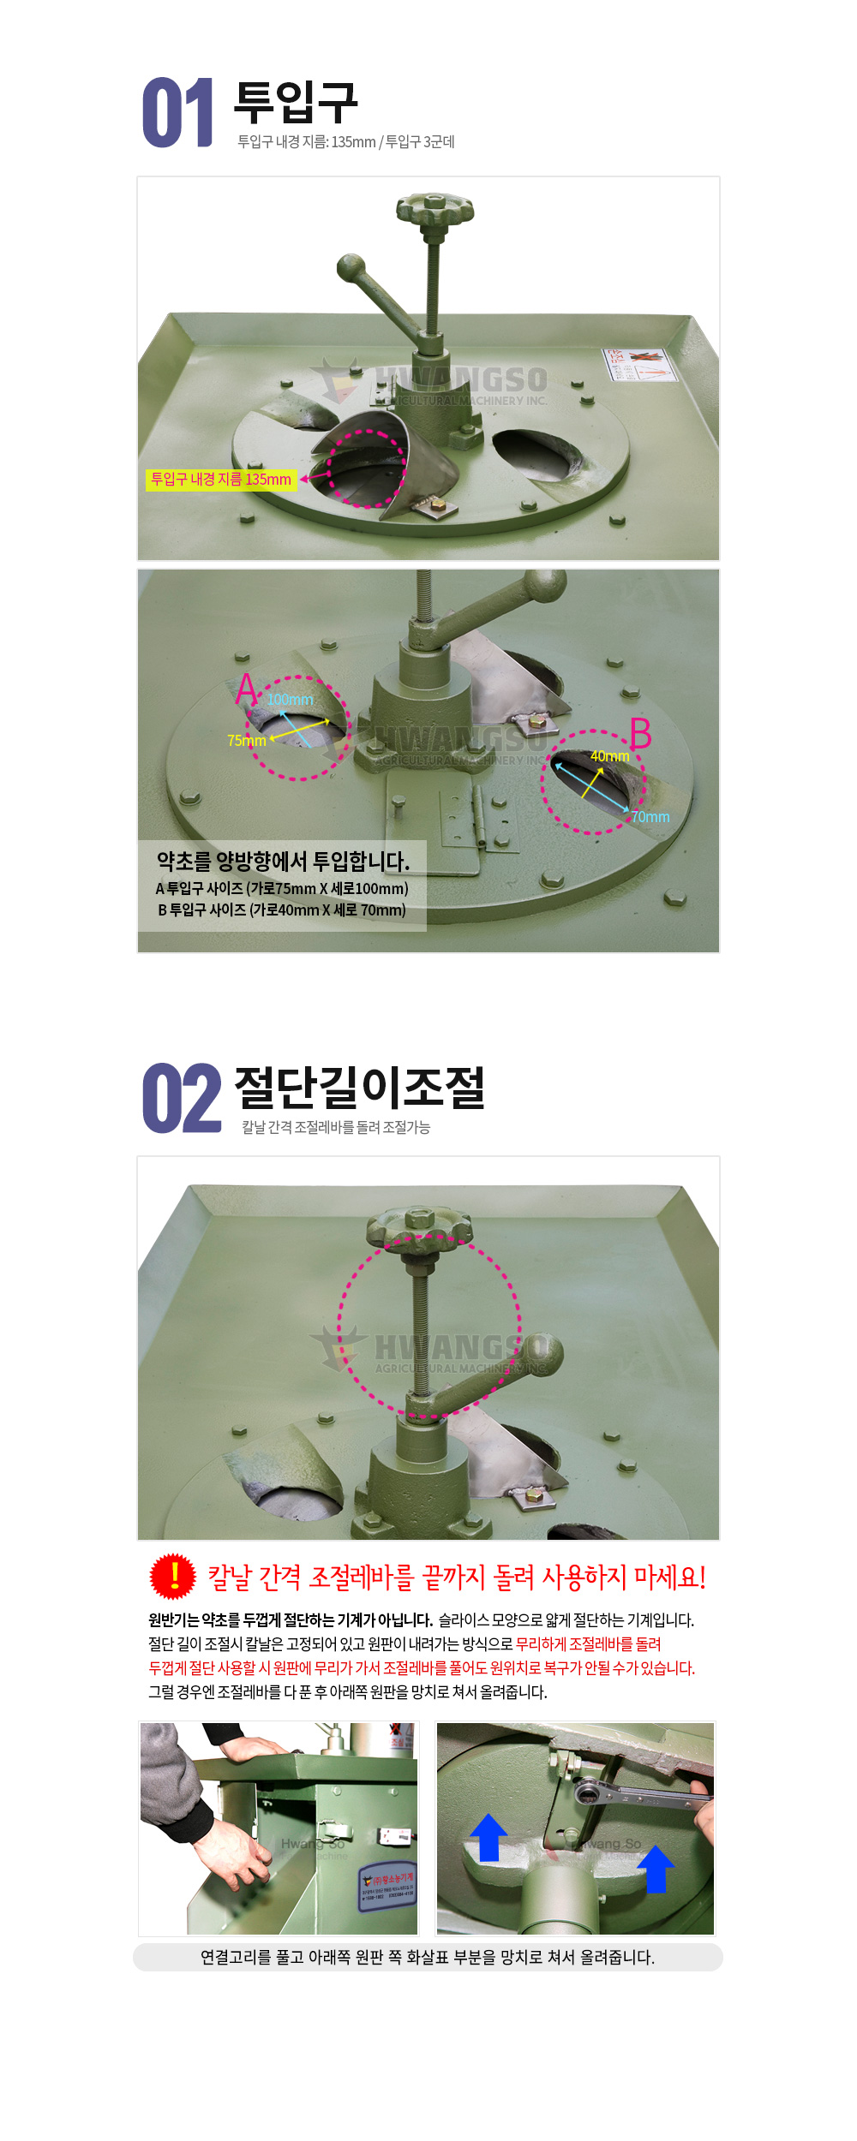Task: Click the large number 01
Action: (x=177, y=113)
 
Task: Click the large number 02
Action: (x=181, y=1099)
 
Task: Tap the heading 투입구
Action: (x=296, y=103)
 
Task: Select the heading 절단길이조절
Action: (x=359, y=1087)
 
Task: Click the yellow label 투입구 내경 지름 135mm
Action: (x=221, y=480)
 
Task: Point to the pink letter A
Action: (x=247, y=689)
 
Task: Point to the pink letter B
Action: (x=640, y=734)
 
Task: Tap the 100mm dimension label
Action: (x=291, y=700)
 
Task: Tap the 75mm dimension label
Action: (x=246, y=741)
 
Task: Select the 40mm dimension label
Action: (x=609, y=756)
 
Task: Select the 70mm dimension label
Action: (x=650, y=817)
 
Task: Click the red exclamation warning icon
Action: (x=173, y=1576)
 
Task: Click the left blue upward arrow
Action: (x=488, y=1837)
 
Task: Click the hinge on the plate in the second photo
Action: (x=477, y=818)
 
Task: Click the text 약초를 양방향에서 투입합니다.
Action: (x=283, y=861)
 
